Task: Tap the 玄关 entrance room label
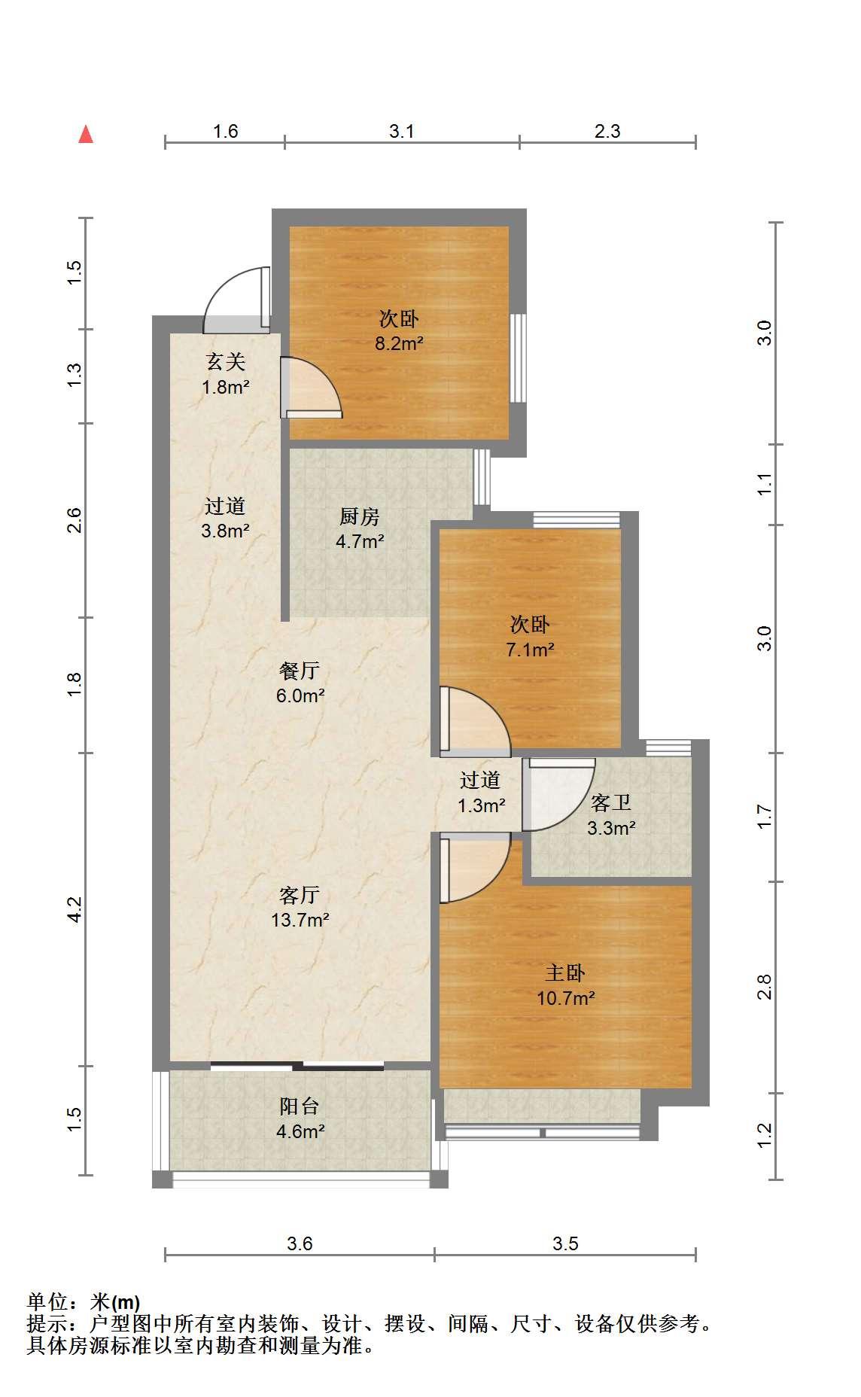point(226,362)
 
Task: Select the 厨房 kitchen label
point(360,516)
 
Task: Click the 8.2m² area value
point(399,344)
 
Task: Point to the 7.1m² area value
point(531,649)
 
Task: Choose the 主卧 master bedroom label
point(565,973)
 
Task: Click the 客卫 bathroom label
point(610,803)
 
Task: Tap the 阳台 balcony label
point(300,1106)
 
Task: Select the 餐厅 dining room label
point(300,670)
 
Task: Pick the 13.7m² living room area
point(300,919)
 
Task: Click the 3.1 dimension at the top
point(402,132)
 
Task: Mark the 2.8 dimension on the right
point(765,987)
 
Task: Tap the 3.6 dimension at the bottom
point(300,1243)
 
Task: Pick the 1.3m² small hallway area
point(482,805)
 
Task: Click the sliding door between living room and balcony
point(297,1065)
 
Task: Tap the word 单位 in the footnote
point(47,1302)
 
